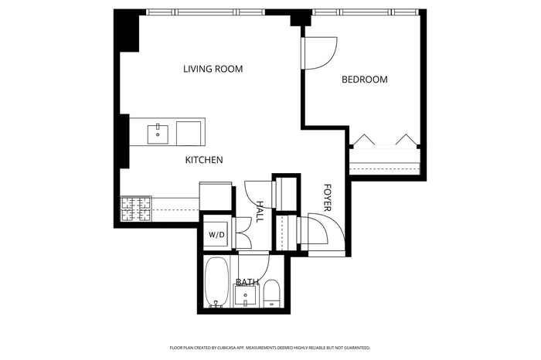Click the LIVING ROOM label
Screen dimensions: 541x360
[213, 69]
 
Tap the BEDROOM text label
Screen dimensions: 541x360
[364, 80]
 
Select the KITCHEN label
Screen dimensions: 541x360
[204, 160]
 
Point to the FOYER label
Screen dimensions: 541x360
[328, 198]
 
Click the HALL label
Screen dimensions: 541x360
[260, 212]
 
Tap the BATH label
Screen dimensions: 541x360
[247, 282]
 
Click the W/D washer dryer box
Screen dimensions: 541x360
[216, 235]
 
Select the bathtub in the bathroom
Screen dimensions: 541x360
[216, 282]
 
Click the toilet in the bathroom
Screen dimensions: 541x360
[271, 294]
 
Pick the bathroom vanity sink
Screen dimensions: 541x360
[245, 296]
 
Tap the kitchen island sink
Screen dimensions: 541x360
[158, 134]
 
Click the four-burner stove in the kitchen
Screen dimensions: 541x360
[136, 209]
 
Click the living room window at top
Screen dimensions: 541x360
[206, 12]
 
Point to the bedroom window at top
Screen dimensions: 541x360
[366, 12]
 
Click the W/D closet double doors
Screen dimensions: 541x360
[243, 233]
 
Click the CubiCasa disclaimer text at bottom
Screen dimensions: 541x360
[270, 348]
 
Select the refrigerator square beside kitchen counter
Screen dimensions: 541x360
[216, 196]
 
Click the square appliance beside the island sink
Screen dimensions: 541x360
[189, 134]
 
